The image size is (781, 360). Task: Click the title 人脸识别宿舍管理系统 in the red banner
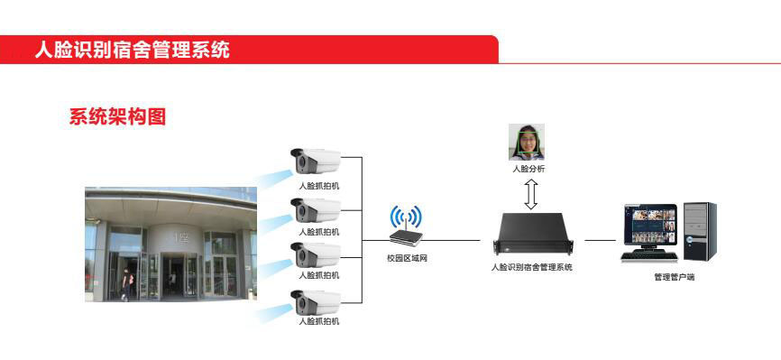point(133,50)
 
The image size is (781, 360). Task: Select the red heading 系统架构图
point(118,116)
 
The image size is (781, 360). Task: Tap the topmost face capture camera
point(316,163)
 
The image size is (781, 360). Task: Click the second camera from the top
point(316,211)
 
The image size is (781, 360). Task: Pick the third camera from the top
point(316,254)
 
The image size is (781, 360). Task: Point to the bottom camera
point(316,302)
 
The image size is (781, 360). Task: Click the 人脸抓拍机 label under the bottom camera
point(319,321)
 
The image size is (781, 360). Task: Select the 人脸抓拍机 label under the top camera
point(319,186)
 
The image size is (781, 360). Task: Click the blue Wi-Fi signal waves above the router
point(406,217)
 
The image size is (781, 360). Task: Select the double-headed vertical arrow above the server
point(531,193)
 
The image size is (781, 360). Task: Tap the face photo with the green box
point(527,142)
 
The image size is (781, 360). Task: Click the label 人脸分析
point(528,169)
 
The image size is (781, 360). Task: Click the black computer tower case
point(699,231)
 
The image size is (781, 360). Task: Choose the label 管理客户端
point(674,277)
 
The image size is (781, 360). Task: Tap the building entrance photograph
point(170,244)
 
